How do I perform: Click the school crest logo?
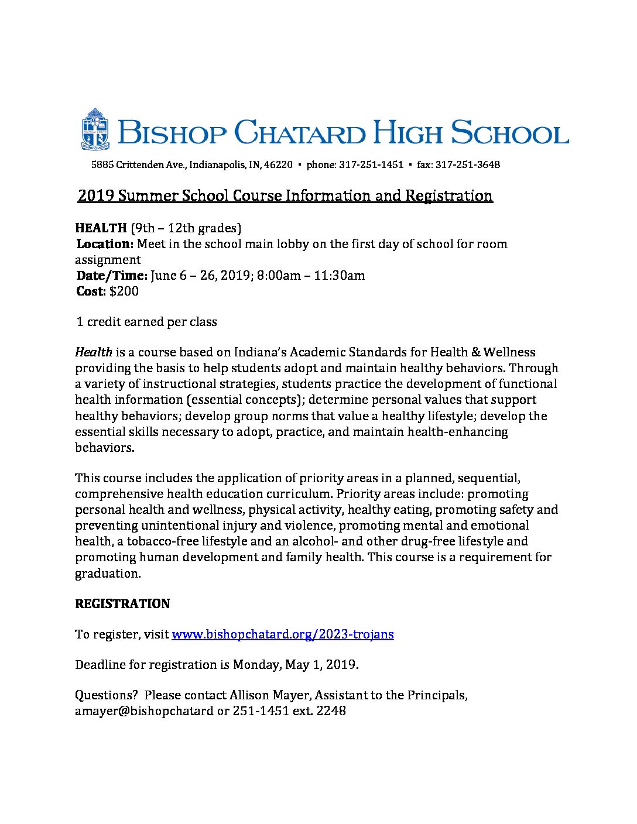[95, 129]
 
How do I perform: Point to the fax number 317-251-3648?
[468, 165]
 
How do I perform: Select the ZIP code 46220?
[278, 165]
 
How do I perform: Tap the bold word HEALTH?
[101, 228]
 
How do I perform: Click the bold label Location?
[105, 243]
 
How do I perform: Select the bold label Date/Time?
[111, 275]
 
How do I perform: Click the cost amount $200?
[124, 291]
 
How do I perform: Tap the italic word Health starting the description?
[94, 352]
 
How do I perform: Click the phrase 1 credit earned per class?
[146, 322]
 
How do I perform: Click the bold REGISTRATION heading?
[122, 604]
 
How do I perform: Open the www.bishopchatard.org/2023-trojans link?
[282, 634]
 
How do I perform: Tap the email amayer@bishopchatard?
[144, 711]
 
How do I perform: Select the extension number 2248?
[331, 711]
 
